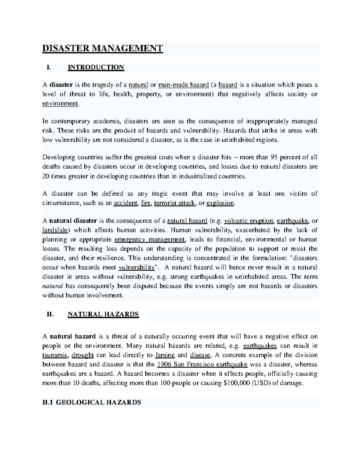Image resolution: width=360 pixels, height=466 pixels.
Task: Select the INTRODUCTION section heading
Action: click(96, 67)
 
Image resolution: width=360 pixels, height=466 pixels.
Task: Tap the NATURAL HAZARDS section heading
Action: click(103, 314)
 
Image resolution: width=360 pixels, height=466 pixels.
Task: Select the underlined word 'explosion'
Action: click(220, 203)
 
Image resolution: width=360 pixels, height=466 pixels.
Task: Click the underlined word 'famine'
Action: click(165, 355)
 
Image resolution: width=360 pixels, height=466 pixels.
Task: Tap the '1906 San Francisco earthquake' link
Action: click(202, 365)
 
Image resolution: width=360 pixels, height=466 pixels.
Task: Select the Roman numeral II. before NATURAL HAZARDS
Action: click(50, 314)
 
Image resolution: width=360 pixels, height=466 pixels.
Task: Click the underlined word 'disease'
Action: click(200, 355)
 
